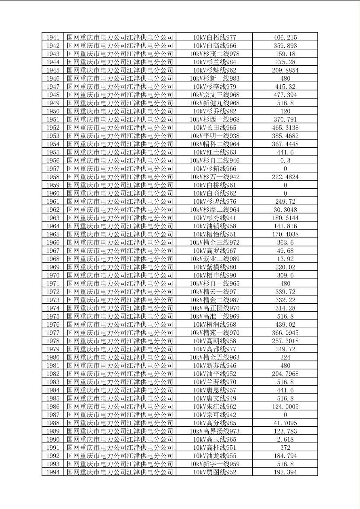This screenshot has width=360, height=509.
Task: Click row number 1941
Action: tap(52, 38)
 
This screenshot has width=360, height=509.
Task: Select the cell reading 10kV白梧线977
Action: tap(214, 38)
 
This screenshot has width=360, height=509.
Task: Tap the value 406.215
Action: tap(285, 38)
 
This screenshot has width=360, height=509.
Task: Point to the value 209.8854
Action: tap(285, 70)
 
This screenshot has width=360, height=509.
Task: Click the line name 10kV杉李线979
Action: tap(214, 87)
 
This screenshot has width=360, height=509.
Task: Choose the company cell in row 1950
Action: tap(120, 111)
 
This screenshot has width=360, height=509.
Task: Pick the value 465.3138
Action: tap(285, 128)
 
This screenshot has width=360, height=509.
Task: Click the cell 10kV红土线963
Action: tap(214, 152)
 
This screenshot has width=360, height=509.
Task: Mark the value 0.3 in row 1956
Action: tap(285, 161)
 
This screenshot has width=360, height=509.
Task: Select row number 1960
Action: tap(52, 193)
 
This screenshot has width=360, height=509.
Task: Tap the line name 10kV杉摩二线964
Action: tap(214, 210)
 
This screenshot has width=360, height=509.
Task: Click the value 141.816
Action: tap(285, 226)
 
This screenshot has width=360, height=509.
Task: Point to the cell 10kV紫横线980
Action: tap(214, 267)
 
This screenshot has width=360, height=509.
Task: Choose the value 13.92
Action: tap(285, 259)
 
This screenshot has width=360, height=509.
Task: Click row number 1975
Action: tap(52, 316)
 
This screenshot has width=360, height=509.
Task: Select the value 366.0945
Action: tap(285, 333)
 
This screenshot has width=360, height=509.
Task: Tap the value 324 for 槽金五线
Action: tap(285, 357)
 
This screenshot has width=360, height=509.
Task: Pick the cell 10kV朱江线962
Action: tap(214, 407)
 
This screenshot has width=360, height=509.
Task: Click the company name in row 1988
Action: tap(120, 423)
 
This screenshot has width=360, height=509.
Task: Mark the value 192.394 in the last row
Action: tap(285, 472)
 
